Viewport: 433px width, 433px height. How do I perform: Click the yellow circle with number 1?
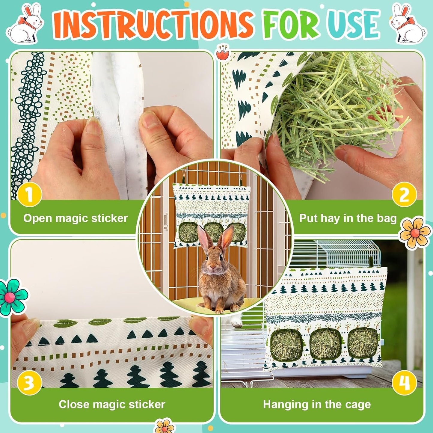(x=29, y=195)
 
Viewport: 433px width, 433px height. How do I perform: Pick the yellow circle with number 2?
(x=404, y=195)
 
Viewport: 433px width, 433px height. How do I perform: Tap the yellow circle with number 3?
(x=29, y=383)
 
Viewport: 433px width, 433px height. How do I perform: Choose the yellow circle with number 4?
(x=404, y=383)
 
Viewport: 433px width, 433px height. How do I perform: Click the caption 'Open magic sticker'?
(x=76, y=218)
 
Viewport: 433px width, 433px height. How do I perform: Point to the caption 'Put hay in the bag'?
(x=348, y=218)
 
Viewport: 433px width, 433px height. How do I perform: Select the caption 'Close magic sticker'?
(x=112, y=404)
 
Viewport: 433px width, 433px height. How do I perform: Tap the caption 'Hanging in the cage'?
(x=317, y=404)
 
